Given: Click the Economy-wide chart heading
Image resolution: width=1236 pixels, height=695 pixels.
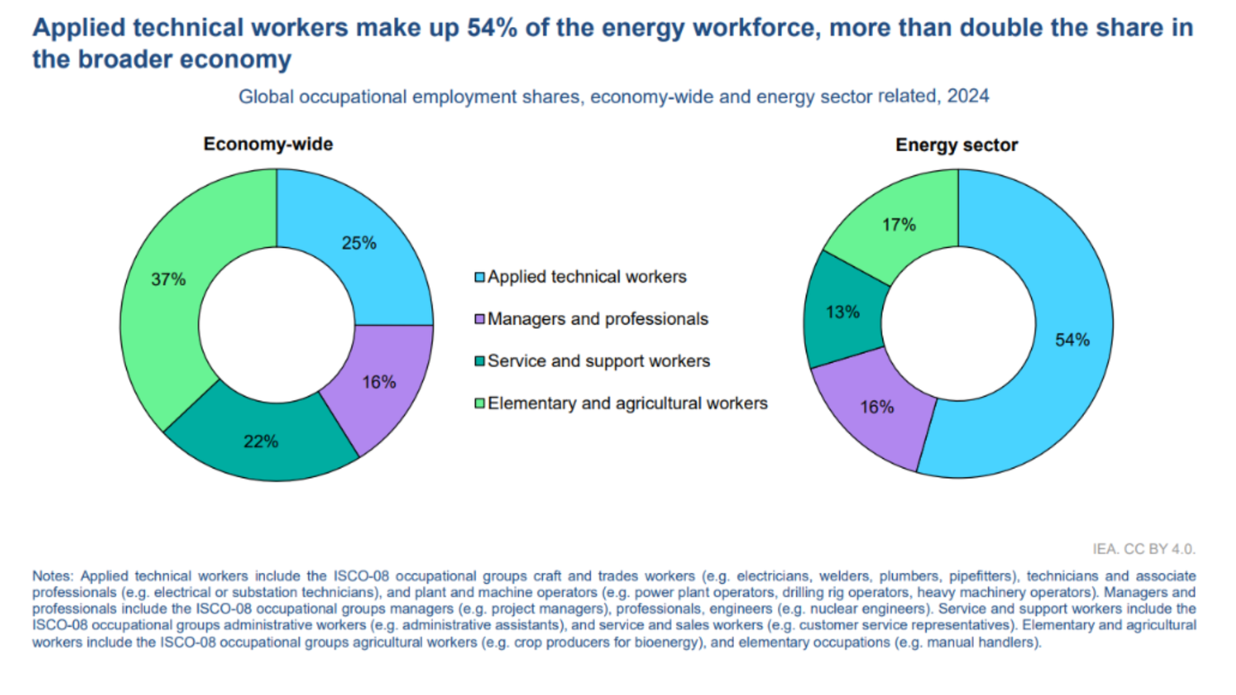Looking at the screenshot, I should point(268,144).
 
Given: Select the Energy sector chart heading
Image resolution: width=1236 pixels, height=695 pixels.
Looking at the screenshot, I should point(956,145).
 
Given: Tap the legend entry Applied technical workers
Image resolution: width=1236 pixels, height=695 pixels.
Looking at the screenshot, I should point(586,276).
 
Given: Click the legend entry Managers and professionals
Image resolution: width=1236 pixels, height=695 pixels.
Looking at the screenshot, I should point(597,319).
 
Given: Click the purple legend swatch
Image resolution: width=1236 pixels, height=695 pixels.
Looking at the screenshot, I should point(480,319).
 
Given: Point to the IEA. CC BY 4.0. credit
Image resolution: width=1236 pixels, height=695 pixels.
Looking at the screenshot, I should point(1143,549).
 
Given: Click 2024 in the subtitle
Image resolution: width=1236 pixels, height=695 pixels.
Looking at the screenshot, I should point(968,96).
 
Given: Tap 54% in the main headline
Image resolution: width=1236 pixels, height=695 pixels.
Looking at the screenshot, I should point(491,28).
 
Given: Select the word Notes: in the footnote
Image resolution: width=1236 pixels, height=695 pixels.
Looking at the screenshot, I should point(53,576).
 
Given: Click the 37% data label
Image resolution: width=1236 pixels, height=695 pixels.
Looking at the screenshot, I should point(168,280).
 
